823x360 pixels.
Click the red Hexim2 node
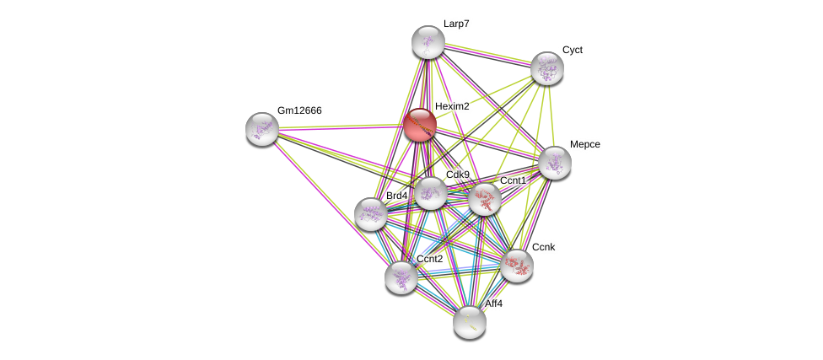(419, 125)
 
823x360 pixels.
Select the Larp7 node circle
(428, 42)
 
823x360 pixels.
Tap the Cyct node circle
(547, 68)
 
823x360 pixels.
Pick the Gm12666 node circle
(262, 129)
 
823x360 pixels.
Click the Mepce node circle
(555, 163)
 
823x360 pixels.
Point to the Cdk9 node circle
(430, 193)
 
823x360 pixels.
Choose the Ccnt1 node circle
(485, 199)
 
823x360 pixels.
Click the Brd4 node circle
(371, 214)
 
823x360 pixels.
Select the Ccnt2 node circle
(401, 277)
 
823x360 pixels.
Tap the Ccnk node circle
(517, 266)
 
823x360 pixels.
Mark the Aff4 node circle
(470, 321)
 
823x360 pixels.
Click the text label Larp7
(456, 24)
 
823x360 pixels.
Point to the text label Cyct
(572, 50)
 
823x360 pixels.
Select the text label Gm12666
(299, 110)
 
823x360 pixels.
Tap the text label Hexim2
(452, 106)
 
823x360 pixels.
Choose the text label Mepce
(584, 144)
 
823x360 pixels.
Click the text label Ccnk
(543, 247)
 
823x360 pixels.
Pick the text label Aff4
(493, 304)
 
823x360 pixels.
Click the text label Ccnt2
(429, 259)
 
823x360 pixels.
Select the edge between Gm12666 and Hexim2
(341, 127)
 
